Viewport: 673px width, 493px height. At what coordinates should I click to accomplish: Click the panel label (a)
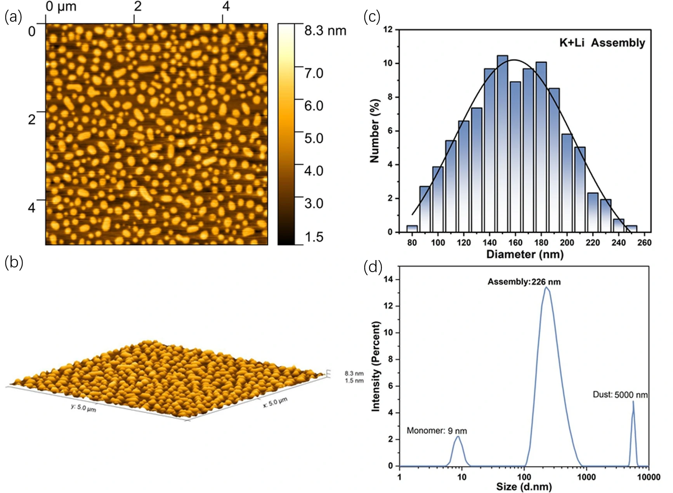coord(13,17)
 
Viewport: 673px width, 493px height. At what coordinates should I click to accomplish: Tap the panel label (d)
coord(373,267)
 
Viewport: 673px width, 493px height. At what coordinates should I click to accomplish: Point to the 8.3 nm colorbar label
coord(325,31)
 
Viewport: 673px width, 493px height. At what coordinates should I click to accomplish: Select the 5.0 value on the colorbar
coord(314,138)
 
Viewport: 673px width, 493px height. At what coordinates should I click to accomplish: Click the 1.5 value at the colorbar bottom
coord(314,237)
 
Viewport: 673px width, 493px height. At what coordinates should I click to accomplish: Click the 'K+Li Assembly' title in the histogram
coord(602,43)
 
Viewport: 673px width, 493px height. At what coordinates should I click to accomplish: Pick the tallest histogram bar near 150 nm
coord(502,143)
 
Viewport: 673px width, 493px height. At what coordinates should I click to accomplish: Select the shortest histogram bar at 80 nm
coord(412,229)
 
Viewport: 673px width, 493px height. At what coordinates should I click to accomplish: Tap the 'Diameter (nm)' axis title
coord(525,254)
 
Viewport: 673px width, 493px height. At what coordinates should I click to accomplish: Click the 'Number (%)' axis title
coord(375,131)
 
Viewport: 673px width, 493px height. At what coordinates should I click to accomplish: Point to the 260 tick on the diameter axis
coord(644,243)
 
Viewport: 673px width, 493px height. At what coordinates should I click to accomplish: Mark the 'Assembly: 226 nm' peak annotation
coord(524,282)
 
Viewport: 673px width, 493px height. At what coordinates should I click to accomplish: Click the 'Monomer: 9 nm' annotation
coord(437,431)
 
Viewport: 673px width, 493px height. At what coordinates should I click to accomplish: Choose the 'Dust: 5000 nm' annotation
coord(620,395)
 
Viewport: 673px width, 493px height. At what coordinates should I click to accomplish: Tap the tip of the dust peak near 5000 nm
coord(633,402)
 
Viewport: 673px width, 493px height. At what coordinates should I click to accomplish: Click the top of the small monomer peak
coord(458,436)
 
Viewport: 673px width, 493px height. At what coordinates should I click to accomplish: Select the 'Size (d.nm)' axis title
coord(524,487)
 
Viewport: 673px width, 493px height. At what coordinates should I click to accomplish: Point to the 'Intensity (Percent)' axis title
coord(376,366)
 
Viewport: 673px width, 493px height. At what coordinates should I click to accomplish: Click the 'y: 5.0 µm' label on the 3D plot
coord(83,408)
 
